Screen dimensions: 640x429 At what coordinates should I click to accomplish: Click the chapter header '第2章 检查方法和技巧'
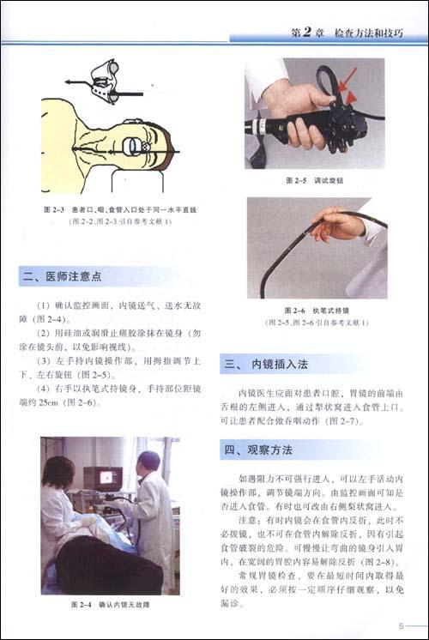pos(353,33)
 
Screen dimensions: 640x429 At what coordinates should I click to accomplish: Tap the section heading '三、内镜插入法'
pos(270,364)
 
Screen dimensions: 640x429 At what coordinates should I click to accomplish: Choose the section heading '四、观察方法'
pos(259,449)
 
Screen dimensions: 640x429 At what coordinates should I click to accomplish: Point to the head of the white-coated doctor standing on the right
pos(148,462)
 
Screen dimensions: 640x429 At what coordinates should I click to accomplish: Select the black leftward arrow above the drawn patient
pos(76,83)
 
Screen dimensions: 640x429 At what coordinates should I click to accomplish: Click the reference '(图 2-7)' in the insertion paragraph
pos(348,421)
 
